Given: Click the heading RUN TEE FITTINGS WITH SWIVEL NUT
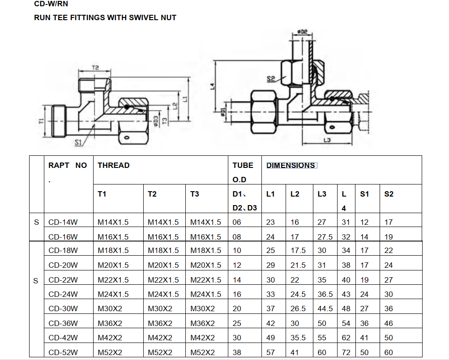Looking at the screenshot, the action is click(105, 18).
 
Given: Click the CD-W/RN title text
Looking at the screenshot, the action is click(51, 4).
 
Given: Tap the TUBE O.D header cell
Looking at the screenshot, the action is click(243, 172).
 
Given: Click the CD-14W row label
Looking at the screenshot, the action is click(63, 222).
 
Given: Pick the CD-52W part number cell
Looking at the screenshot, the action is click(63, 352).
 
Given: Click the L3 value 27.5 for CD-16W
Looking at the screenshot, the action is click(325, 237).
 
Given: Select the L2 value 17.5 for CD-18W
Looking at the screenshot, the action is click(298, 251).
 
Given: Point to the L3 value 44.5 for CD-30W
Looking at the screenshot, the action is click(325, 309).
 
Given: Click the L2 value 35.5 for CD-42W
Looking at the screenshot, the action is click(298, 338).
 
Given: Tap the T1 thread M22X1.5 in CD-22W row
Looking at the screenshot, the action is click(113, 280).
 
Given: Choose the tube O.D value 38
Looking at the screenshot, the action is click(237, 352).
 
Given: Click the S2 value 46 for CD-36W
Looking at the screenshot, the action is click(389, 324).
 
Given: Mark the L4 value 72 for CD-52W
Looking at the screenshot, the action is click(346, 352).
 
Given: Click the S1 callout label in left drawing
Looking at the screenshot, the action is click(78, 142).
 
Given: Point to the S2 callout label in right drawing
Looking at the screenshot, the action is click(270, 79).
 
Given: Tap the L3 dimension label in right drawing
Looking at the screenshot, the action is click(327, 140).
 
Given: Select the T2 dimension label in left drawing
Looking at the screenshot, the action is click(95, 68).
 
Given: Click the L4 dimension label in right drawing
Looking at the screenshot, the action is click(212, 86).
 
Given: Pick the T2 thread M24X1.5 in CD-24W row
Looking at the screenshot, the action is click(163, 295).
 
